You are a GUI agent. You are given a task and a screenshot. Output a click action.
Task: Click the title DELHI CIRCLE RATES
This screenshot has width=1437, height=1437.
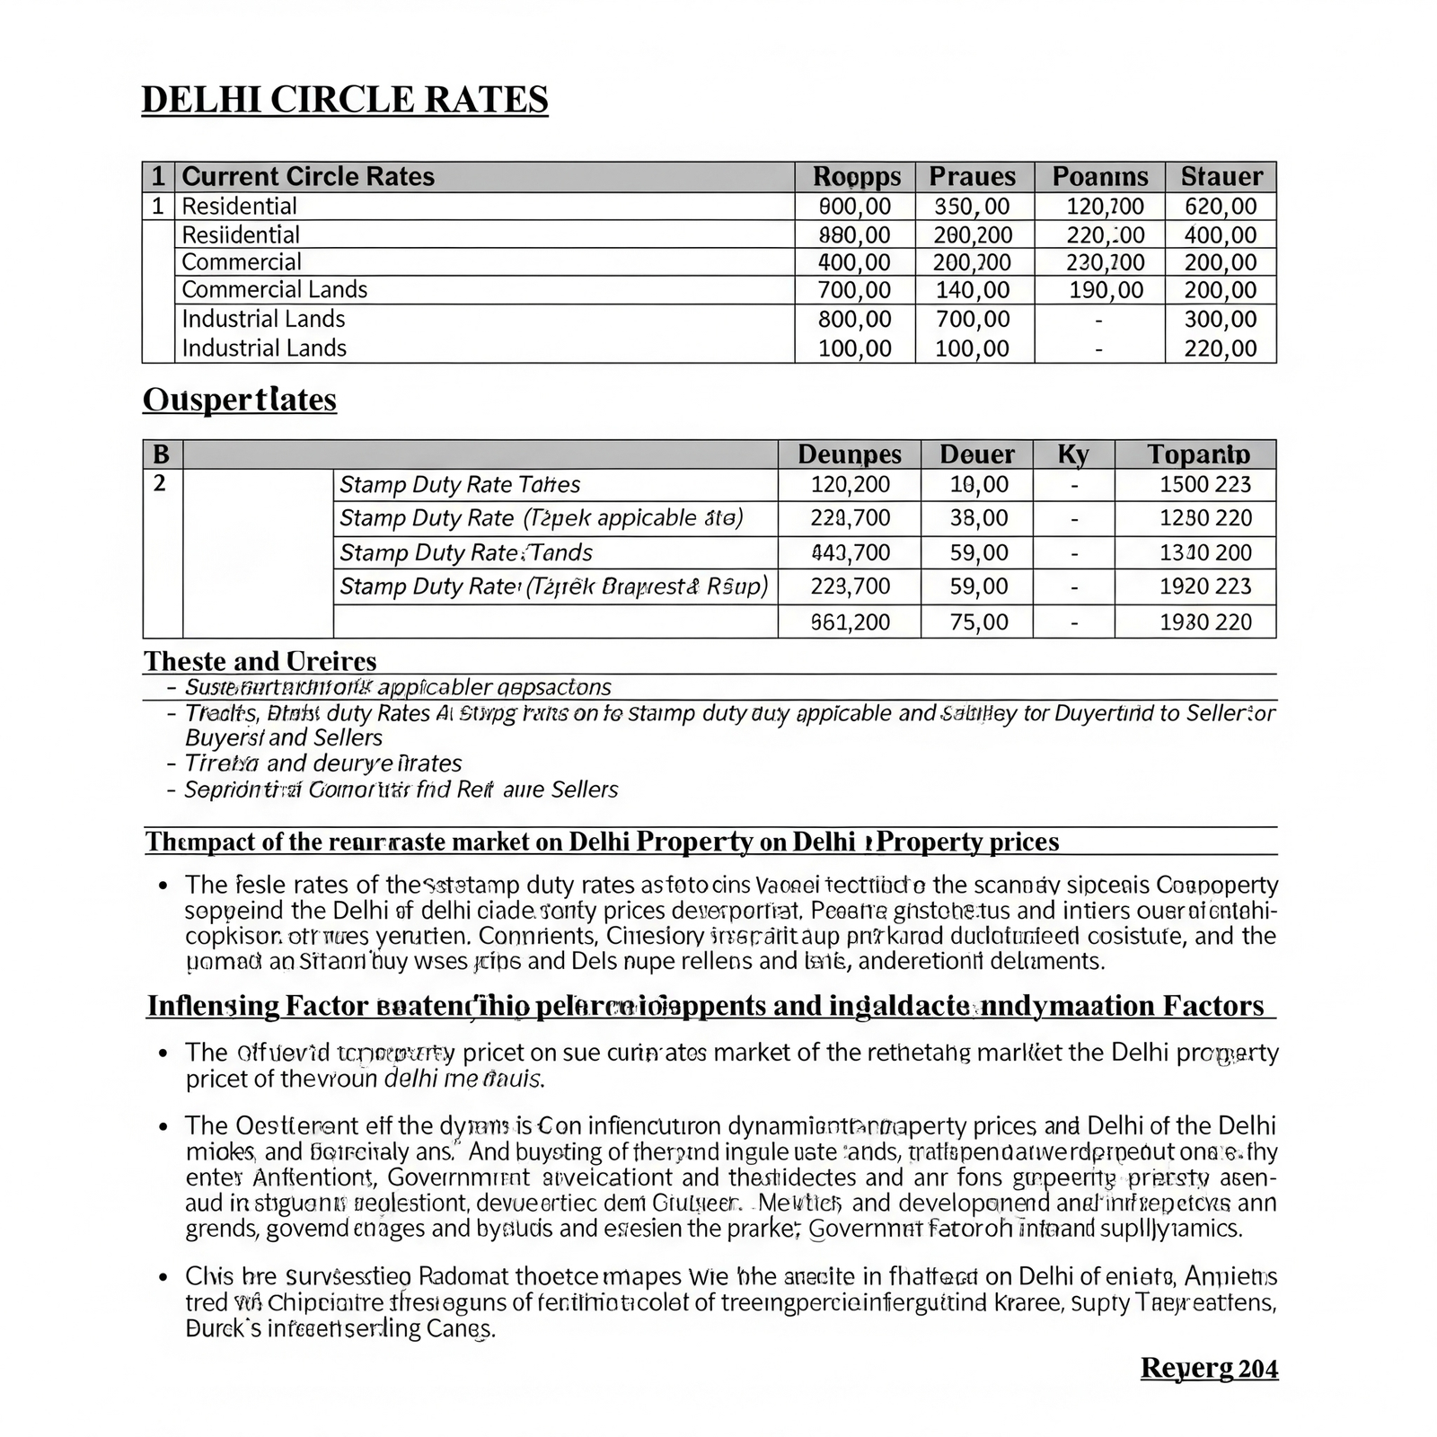[x=345, y=100]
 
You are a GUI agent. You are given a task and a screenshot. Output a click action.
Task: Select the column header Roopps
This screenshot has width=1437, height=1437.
[x=856, y=176]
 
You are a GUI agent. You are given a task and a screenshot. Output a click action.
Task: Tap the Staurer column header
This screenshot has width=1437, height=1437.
[x=1221, y=176]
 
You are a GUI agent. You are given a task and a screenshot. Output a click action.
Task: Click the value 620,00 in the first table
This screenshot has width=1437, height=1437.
[x=1221, y=207]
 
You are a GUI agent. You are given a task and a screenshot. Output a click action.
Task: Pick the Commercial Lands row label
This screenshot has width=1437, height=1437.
[x=274, y=289]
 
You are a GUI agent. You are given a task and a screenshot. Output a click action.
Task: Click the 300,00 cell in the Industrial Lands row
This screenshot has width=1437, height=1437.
[x=1221, y=319]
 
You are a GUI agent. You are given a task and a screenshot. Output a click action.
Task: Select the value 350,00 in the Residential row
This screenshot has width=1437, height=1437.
[x=972, y=207]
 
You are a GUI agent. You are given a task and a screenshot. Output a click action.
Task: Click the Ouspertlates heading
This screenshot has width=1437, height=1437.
[x=239, y=400]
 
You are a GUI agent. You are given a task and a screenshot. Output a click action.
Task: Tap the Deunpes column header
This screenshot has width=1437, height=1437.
[x=849, y=454]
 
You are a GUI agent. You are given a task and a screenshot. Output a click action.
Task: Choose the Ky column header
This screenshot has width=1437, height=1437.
[x=1073, y=454]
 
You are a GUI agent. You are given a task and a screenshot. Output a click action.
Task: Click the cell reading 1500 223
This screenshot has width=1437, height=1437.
[x=1204, y=485]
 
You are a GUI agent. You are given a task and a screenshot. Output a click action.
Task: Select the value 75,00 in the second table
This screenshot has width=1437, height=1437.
[x=978, y=622]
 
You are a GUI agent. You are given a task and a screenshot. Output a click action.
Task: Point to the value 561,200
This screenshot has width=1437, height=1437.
[x=850, y=622]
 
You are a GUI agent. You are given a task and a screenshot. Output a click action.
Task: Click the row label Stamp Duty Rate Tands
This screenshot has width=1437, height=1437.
[x=465, y=552]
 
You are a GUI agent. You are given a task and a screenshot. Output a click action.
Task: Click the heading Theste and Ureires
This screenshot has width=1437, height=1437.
[x=260, y=661]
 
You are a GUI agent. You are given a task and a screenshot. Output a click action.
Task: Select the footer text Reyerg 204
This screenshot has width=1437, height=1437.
[x=1209, y=1368]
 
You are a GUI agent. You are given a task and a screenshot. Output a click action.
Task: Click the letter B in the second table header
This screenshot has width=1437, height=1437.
[x=161, y=454]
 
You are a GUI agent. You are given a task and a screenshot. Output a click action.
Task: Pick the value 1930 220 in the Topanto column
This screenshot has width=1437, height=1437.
[x=1204, y=622]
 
